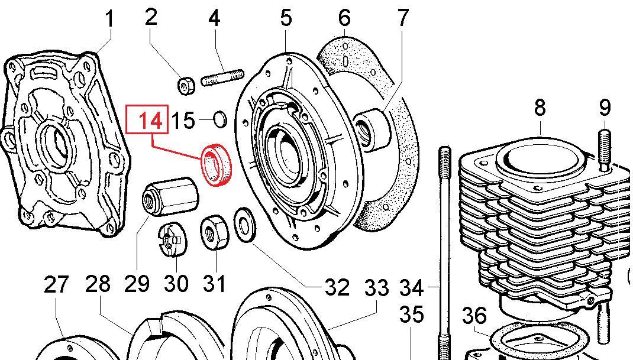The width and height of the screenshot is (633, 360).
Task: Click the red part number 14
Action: tap(150, 121)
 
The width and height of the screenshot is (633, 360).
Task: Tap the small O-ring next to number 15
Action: tap(219, 120)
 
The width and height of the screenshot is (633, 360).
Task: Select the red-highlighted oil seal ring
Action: tap(218, 166)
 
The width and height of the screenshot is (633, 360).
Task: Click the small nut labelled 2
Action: tap(187, 85)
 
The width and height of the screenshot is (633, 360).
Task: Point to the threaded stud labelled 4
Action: tap(223, 78)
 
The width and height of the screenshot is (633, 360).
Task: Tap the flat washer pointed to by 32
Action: tap(243, 224)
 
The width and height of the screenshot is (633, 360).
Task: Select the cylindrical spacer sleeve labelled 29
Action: tap(172, 196)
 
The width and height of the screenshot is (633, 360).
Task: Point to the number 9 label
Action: tap(604, 108)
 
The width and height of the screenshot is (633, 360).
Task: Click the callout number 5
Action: tap(286, 18)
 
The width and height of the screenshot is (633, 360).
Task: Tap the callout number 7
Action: tap(403, 18)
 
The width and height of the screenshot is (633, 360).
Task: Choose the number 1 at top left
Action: tap(109, 19)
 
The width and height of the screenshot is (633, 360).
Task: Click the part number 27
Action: tap(57, 285)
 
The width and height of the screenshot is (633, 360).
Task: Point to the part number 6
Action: tap(345, 18)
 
